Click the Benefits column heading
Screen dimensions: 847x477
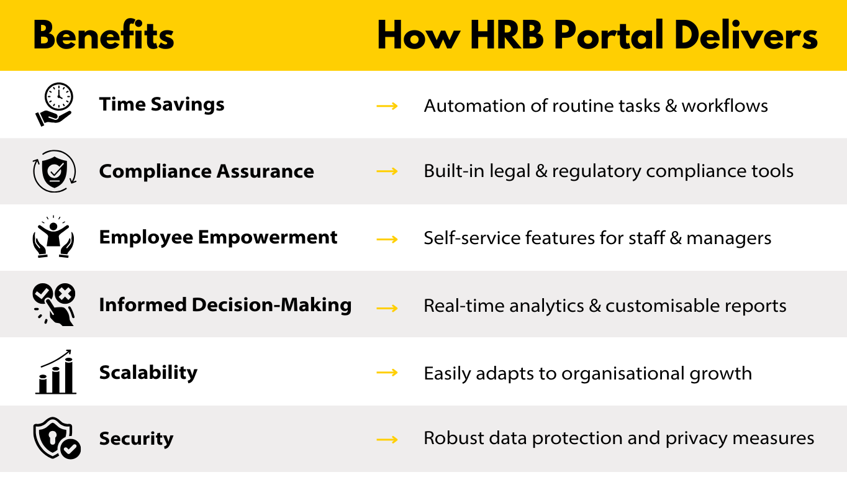point(104,35)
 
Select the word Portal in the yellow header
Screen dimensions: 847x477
point(609,35)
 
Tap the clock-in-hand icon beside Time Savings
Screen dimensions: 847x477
point(54,104)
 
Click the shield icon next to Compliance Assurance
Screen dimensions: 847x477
point(55,171)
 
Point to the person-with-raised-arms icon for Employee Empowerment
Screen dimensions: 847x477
point(53,237)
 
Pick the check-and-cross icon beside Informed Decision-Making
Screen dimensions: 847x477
point(53,304)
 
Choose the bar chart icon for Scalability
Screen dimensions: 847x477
point(56,372)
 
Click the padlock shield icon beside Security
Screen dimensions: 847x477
point(57,438)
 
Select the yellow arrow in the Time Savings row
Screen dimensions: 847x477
point(387,106)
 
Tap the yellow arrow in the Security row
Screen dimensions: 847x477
point(387,440)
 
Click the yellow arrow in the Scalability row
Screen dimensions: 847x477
point(387,373)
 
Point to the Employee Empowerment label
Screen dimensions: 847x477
point(218,238)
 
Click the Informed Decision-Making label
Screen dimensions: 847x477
point(225,305)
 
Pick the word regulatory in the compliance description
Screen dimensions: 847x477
point(597,172)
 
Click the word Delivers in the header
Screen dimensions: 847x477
point(746,35)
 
